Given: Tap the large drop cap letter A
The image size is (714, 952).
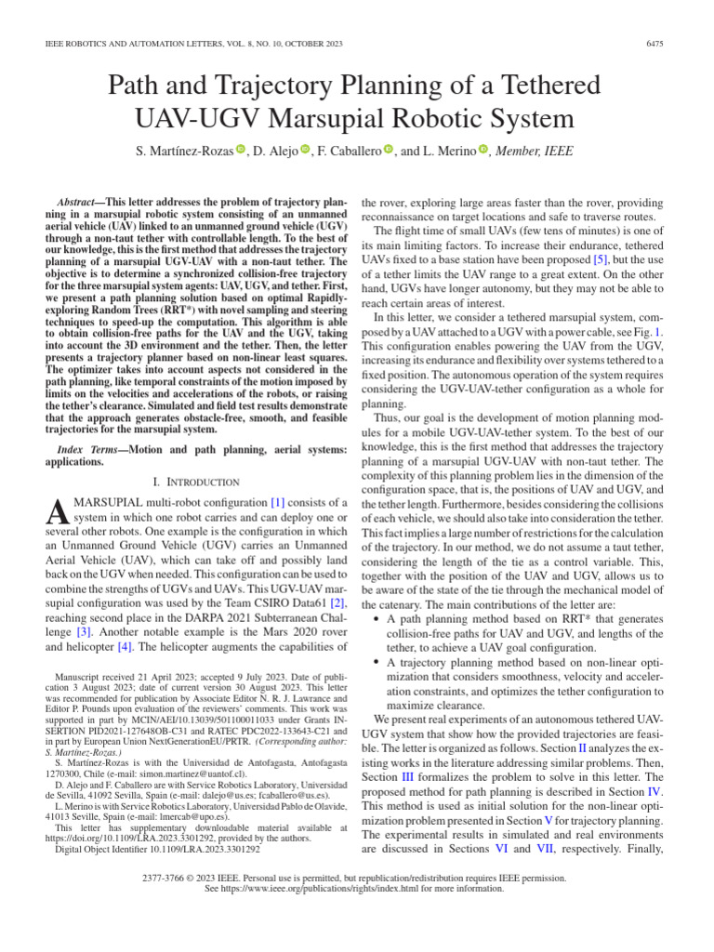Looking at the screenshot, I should tap(57, 511).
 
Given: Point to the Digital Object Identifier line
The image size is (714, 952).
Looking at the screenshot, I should tap(157, 849).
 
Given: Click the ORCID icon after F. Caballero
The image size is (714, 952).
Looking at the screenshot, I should tap(389, 151).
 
